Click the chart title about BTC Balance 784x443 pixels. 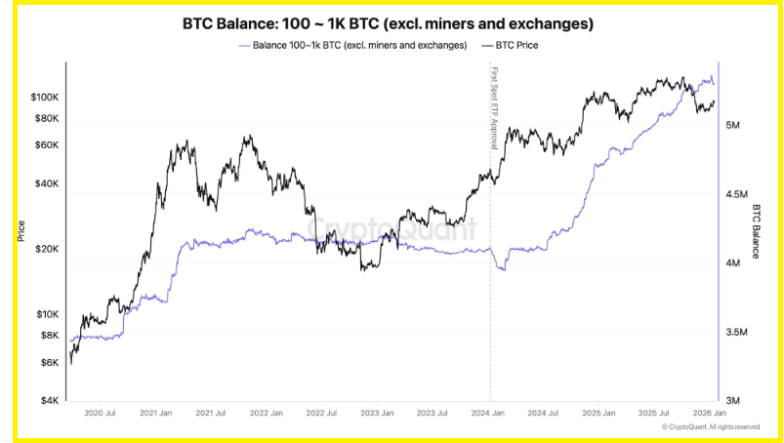(389, 21)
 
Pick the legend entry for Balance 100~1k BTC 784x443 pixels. (352, 45)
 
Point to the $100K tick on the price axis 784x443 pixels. (46, 98)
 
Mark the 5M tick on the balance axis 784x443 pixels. (737, 126)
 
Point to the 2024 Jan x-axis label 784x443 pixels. (489, 415)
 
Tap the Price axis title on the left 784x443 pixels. (21, 231)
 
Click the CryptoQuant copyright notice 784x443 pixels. (710, 427)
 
